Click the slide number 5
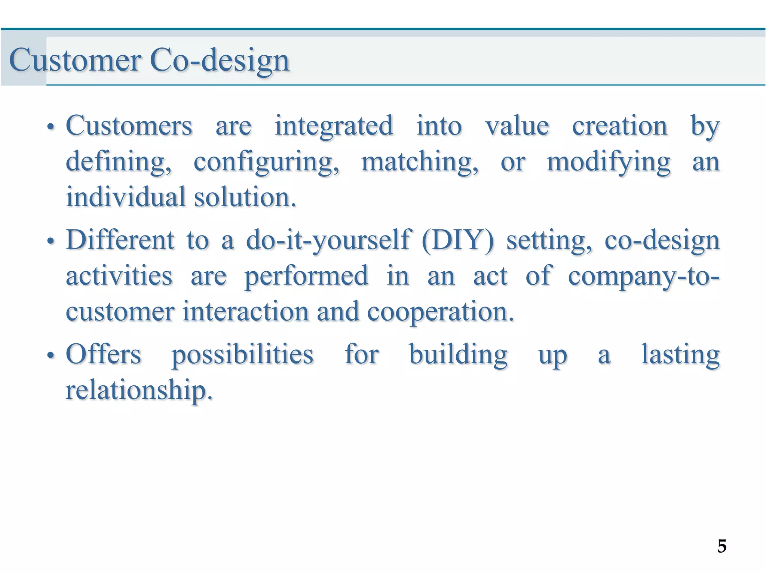tap(722, 546)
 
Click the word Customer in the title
tap(75, 61)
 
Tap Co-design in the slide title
tap(220, 61)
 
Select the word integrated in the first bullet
tap(334, 126)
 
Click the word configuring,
tap(266, 163)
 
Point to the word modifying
tap(609, 163)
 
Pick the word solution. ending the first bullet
tap(245, 197)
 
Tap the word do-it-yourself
tap(328, 240)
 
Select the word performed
tap(306, 276)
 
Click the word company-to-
tap(643, 276)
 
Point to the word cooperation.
tap(440, 312)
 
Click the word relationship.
tap(139, 390)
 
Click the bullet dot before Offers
tap(50, 355)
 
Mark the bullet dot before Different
tap(50, 241)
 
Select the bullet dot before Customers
tap(50, 127)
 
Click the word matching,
tap(420, 163)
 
